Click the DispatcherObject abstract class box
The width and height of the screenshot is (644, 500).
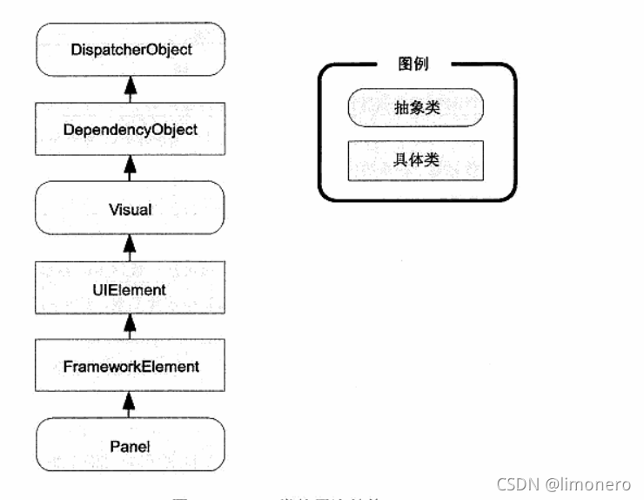tap(131, 50)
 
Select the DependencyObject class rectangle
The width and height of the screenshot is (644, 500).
tap(131, 129)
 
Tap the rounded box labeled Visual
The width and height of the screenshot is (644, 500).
tap(131, 208)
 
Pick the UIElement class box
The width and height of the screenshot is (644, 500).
tap(131, 288)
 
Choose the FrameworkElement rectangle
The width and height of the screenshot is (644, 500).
tap(131, 367)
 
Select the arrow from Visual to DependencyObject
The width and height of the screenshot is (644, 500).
tap(131, 168)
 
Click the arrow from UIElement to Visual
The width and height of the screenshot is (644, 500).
tap(131, 248)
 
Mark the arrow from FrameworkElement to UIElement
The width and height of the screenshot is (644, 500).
tap(131, 328)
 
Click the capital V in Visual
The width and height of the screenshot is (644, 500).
tap(113, 208)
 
